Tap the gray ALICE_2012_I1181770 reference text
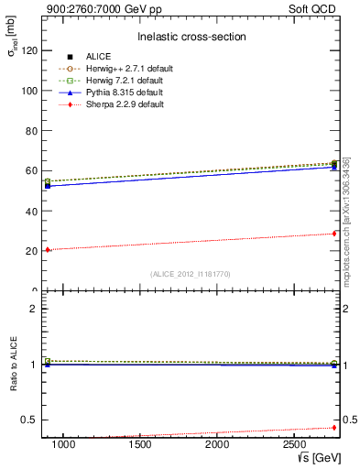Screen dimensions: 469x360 point(190,273)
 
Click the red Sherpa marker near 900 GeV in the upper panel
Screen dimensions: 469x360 point(48,250)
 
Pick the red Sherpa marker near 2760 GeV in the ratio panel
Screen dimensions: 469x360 point(334,427)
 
